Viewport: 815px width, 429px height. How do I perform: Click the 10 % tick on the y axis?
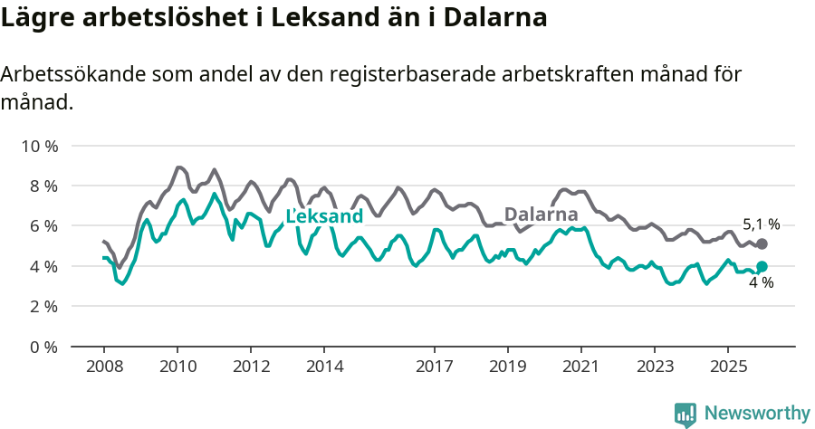click(x=38, y=146)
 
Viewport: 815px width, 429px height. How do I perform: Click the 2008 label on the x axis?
click(x=103, y=367)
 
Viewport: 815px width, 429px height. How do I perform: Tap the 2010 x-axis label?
click(x=177, y=367)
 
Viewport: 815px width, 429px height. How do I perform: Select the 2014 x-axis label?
click(x=324, y=367)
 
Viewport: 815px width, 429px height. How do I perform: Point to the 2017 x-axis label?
click(x=434, y=367)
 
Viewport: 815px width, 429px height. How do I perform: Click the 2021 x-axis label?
click(x=580, y=367)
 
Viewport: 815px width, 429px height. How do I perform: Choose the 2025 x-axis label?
click(x=727, y=367)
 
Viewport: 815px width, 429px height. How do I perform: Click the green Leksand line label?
click(x=324, y=215)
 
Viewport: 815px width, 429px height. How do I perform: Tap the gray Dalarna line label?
click(x=541, y=214)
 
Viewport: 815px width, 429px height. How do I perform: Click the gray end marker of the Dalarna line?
click(x=762, y=244)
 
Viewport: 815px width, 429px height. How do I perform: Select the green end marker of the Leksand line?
click(x=762, y=266)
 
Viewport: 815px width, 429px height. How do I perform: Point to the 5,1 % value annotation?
click(x=761, y=224)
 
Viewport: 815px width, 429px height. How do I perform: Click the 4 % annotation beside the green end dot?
click(x=761, y=283)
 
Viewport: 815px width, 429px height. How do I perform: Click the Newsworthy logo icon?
click(x=686, y=414)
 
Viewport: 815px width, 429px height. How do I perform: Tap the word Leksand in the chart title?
click(x=293, y=17)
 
